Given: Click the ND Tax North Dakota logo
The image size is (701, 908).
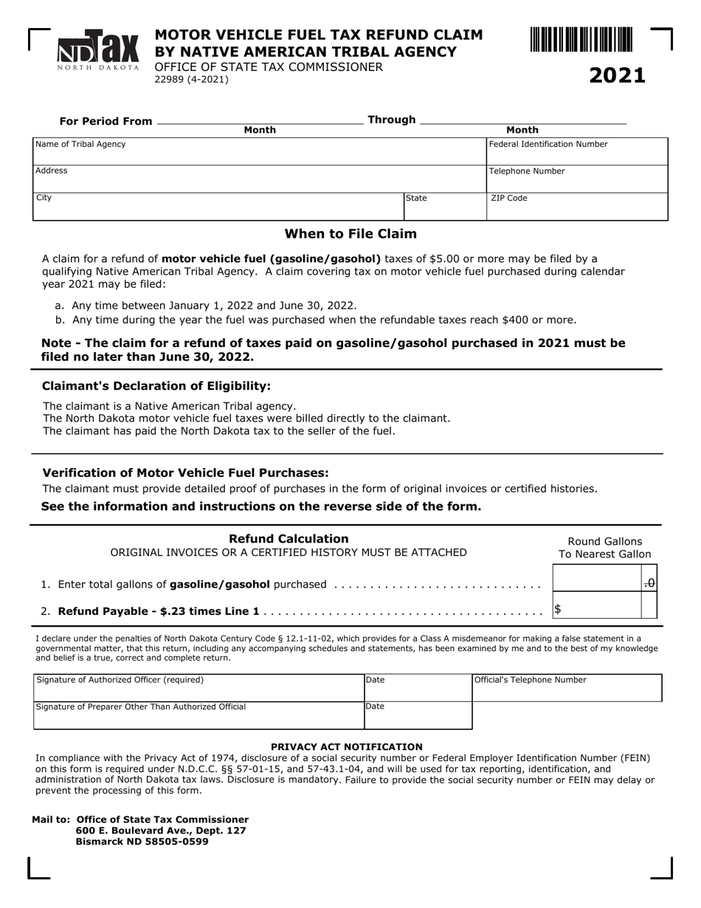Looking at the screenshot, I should pyautogui.click(x=98, y=51).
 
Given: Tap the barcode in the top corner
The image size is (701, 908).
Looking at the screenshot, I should pyautogui.click(x=581, y=39).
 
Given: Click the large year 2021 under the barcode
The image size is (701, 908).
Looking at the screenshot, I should pyautogui.click(x=617, y=75).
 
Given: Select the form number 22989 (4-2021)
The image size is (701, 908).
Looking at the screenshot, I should pyautogui.click(x=191, y=80).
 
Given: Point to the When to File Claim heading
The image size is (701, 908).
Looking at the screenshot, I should pyautogui.click(x=350, y=234).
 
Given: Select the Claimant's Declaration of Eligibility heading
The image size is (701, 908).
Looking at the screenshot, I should pyautogui.click(x=156, y=386).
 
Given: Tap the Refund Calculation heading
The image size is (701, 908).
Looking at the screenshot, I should pyautogui.click(x=289, y=539).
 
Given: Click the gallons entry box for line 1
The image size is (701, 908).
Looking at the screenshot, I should pyautogui.click(x=596, y=579).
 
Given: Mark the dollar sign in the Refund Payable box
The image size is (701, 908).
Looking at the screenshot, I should pyautogui.click(x=558, y=609).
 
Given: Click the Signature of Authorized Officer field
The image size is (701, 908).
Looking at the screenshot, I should pyautogui.click(x=199, y=688).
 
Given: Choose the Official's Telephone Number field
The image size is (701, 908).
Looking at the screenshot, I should pyautogui.click(x=567, y=688).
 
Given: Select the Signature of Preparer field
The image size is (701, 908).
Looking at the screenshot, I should pyautogui.click(x=199, y=715).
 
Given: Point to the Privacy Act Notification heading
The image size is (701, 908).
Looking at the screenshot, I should pyautogui.click(x=347, y=747).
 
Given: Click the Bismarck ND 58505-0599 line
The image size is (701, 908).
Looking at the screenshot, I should pyautogui.click(x=142, y=842).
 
